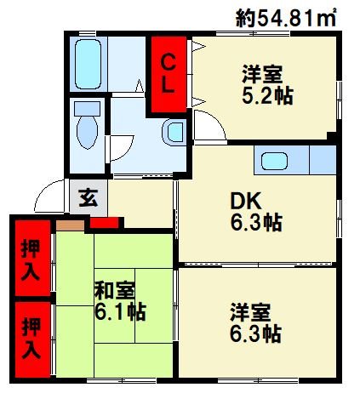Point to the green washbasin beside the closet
click(x=174, y=131)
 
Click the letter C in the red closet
click(x=169, y=61)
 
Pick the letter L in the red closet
click(x=169, y=85)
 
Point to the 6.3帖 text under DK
click(x=256, y=224)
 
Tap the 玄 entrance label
click(x=88, y=199)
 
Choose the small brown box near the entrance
click(x=71, y=225)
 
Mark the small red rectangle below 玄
click(x=104, y=224)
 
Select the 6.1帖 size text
click(x=120, y=312)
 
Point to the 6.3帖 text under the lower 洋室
click(x=255, y=333)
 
